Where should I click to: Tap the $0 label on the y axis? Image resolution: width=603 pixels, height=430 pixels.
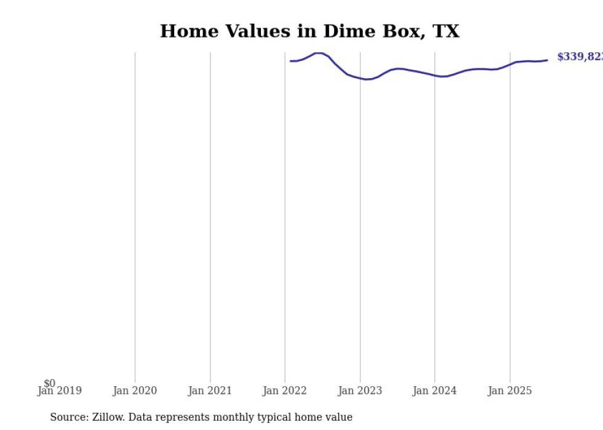point(49,383)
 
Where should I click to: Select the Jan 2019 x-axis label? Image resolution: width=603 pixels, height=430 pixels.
point(59,391)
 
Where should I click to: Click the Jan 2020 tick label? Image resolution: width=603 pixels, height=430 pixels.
point(135,391)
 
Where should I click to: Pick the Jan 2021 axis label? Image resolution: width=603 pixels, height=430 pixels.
point(210,391)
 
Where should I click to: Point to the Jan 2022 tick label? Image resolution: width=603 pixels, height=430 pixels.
point(285,391)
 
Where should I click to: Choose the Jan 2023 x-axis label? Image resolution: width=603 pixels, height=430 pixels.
point(360,391)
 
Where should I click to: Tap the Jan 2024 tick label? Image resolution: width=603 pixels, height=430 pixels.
point(435,391)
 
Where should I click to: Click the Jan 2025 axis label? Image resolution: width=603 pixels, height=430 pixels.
point(510,391)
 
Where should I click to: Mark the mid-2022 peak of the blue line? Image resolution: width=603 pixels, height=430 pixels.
point(319,53)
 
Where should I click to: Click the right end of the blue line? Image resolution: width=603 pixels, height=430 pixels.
point(547,60)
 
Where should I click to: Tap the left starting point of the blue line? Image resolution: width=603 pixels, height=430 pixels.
point(290,61)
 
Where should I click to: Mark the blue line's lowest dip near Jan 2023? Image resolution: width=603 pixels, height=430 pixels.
point(367,79)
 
